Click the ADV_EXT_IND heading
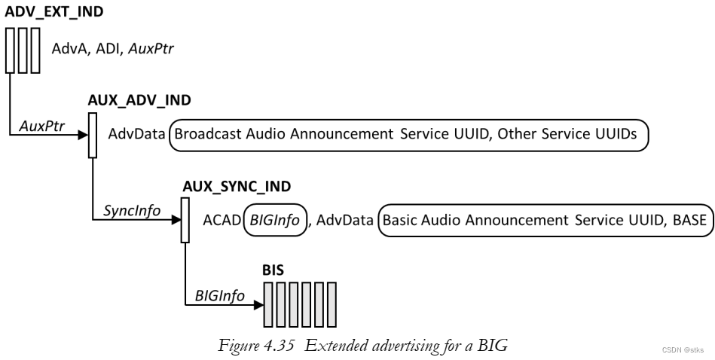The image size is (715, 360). click(x=44, y=11)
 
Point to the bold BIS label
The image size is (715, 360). click(x=274, y=270)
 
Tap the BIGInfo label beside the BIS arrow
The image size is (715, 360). click(x=219, y=296)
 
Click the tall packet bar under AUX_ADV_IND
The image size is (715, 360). click(x=93, y=136)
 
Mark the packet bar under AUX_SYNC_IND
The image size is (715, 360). click(x=185, y=221)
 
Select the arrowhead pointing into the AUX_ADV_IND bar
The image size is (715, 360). click(x=83, y=136)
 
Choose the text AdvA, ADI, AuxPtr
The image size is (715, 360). click(x=113, y=50)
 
